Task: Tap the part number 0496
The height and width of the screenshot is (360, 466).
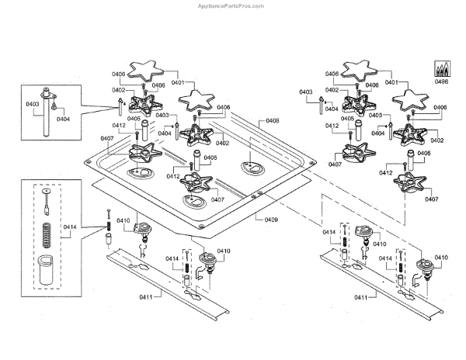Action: click(442, 80)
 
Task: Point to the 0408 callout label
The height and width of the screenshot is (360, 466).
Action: click(273, 121)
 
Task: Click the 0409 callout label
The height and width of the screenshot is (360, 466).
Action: click(271, 220)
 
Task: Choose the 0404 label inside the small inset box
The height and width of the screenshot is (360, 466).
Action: click(63, 119)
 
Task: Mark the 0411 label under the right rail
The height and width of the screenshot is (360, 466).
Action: click(362, 297)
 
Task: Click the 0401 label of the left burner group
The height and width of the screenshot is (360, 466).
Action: click(176, 82)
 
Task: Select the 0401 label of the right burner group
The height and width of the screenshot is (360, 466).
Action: click(390, 82)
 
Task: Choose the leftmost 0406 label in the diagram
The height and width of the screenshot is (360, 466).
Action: click(117, 74)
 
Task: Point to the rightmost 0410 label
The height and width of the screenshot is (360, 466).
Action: click(441, 257)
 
